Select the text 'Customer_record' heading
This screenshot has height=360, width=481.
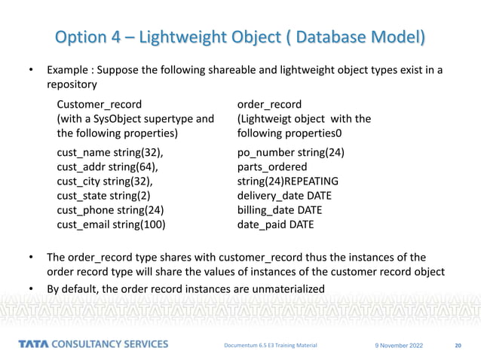(99, 104)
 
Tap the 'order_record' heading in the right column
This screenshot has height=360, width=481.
(269, 104)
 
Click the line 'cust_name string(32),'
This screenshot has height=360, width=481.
(110, 153)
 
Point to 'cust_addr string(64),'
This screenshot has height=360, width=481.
(109, 167)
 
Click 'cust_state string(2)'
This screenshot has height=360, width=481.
(104, 196)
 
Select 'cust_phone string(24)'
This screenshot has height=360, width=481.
(110, 210)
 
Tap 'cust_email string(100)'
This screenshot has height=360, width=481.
(112, 224)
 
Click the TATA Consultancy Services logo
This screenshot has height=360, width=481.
(93, 345)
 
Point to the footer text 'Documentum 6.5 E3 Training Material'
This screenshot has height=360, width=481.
(270, 346)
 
